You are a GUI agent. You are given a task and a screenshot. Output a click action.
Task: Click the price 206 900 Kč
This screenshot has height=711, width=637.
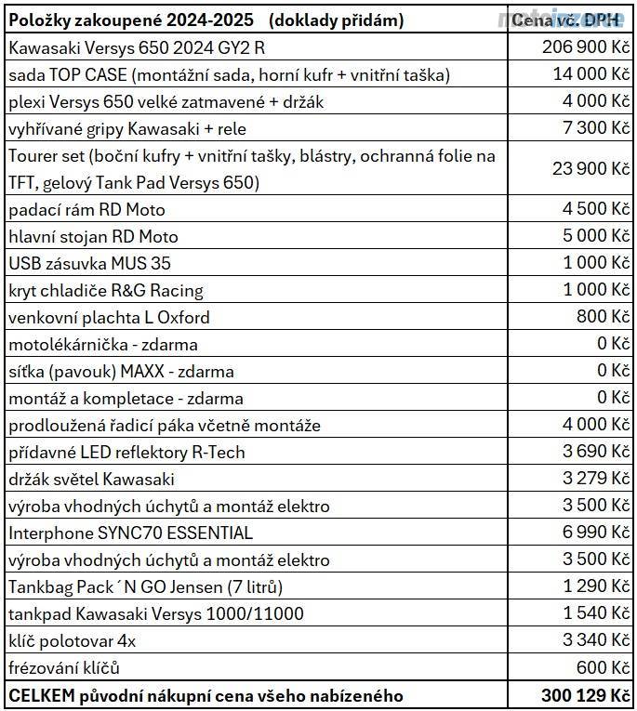click(585, 46)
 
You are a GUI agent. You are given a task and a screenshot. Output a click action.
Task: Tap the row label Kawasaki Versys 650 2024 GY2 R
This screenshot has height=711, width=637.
click(129, 47)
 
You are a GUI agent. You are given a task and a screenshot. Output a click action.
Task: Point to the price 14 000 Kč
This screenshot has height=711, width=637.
click(590, 73)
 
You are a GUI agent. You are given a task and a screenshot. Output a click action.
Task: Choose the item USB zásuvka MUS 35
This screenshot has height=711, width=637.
click(89, 263)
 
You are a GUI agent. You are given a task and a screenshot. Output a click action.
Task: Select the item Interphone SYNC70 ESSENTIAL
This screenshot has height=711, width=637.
click(130, 533)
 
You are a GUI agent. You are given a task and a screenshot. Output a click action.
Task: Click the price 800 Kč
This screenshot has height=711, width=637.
click(604, 317)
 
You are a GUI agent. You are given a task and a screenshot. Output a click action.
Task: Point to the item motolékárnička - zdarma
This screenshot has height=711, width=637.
click(102, 345)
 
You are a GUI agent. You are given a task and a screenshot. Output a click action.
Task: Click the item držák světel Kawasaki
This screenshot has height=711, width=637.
click(91, 480)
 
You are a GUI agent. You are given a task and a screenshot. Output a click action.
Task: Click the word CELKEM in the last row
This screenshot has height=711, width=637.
click(37, 695)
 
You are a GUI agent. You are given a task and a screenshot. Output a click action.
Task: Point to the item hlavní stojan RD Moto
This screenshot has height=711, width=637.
click(93, 236)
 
